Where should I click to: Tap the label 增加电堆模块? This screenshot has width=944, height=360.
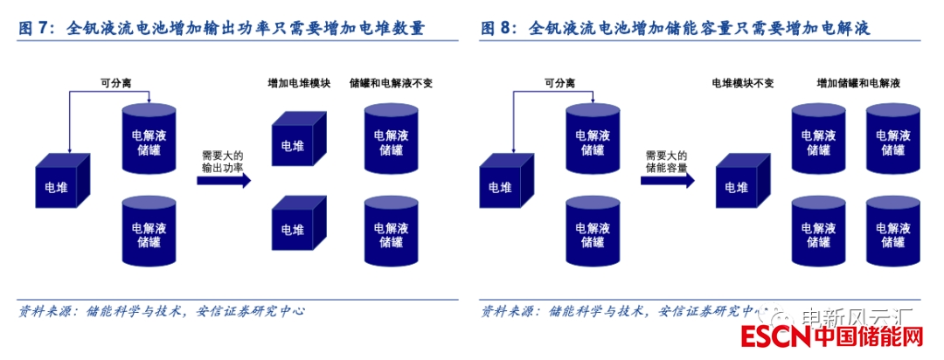298,83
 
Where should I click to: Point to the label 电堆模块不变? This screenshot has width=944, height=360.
743,83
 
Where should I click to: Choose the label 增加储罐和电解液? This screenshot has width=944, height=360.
858,83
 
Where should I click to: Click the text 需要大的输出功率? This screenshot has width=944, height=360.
223,160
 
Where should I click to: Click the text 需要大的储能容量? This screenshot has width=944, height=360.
666,160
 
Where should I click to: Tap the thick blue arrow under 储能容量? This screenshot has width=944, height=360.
667,180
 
